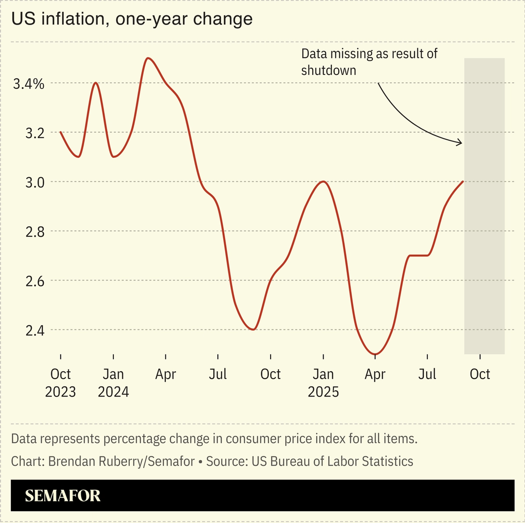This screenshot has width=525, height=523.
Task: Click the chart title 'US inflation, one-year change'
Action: click(132, 19)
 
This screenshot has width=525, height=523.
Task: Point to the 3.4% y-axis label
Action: click(29, 84)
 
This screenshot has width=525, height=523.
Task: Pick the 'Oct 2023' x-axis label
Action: click(61, 382)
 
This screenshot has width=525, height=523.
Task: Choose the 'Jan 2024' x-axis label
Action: click(113, 382)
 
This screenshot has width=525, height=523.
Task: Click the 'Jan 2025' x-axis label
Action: click(323, 382)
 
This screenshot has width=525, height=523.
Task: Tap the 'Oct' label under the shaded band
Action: click(479, 374)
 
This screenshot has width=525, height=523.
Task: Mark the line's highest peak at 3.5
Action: click(148, 58)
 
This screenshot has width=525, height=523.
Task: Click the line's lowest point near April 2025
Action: click(375, 354)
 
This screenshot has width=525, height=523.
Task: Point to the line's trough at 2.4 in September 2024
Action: click(253, 329)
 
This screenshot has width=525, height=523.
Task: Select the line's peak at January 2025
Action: click(323, 182)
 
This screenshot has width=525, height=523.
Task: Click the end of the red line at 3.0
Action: click(463, 182)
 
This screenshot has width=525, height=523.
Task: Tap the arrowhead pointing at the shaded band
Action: click(460, 143)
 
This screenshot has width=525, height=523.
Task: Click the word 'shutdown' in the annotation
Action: click(329, 70)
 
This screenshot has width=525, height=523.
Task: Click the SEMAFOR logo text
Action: click(62, 496)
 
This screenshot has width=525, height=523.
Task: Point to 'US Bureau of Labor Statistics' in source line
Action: click(332, 461)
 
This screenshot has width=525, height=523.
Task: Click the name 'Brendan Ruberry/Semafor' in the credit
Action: click(121, 461)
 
